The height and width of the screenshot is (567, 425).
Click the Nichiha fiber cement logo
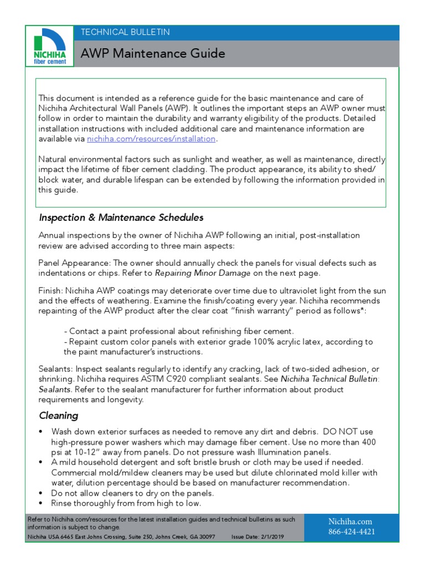pos(50,47)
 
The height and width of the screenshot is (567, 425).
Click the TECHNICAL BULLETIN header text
pos(125,32)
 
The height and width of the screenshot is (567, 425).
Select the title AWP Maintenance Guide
pos(153,54)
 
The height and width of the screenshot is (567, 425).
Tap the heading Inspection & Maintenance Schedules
pos(121,217)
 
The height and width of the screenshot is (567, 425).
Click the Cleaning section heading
pos(58,415)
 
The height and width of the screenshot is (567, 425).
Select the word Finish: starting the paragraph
pos(51,291)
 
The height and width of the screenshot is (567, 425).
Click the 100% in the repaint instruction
pos(265,342)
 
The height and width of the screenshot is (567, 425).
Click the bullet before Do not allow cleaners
pos(42,493)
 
